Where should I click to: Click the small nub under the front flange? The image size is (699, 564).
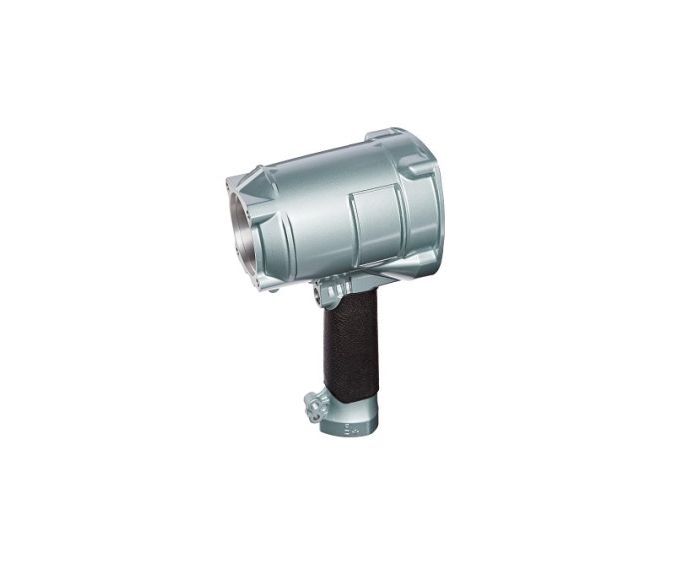pos(262,293)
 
